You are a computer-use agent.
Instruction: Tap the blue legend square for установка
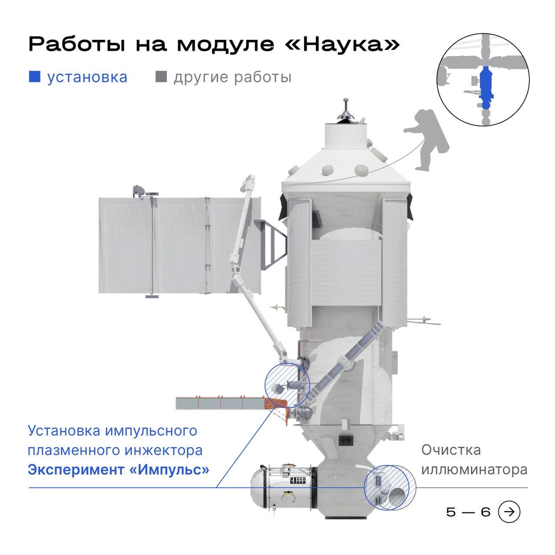(x=34, y=77)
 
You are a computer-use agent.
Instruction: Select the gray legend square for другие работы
(x=161, y=77)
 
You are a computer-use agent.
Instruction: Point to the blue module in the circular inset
(x=486, y=86)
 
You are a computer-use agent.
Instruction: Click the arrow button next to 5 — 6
(x=509, y=512)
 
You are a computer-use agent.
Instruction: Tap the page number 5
(x=451, y=512)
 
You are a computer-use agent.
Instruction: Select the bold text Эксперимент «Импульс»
(x=118, y=470)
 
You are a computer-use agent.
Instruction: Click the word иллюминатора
(x=474, y=470)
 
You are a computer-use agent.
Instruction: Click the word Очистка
(x=451, y=450)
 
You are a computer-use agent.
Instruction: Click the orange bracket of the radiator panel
(x=277, y=406)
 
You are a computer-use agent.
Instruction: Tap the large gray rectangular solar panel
(x=180, y=245)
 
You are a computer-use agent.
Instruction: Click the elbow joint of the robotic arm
(x=237, y=270)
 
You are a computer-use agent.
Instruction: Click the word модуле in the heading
(x=225, y=45)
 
